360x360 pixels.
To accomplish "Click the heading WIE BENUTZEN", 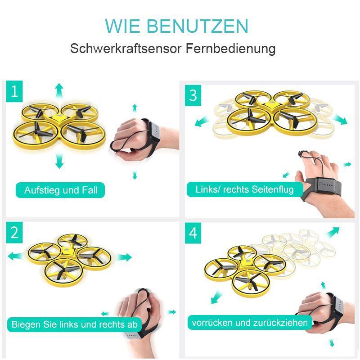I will pyautogui.click(x=176, y=27).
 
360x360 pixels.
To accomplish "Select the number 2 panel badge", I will pyautogui.click(x=15, y=233).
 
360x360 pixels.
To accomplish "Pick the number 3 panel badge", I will pyautogui.click(x=193, y=95).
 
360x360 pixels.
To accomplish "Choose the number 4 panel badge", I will pyautogui.click(x=193, y=233).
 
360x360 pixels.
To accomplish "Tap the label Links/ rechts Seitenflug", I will pyautogui.click(x=244, y=189).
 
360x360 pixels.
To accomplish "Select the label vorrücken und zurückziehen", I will pyautogui.click(x=250, y=322).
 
